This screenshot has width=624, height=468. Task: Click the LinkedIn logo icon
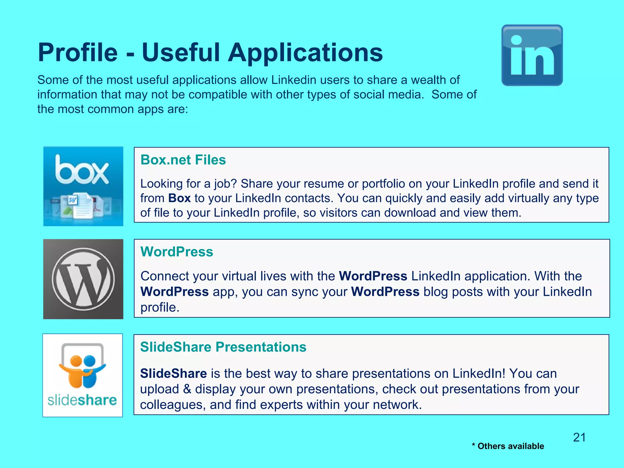tap(532, 55)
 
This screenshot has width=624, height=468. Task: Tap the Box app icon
tap(83, 186)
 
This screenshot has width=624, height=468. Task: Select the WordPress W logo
tap(83, 279)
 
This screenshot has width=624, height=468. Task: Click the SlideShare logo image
tap(83, 375)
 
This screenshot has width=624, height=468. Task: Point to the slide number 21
tap(579, 437)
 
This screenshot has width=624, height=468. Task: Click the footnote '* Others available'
tap(508, 446)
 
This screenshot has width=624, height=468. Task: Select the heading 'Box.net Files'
tap(183, 160)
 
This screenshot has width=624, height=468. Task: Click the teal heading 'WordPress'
tap(177, 252)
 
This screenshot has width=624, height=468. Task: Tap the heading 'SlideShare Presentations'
tap(223, 347)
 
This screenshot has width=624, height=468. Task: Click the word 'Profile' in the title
tap(78, 52)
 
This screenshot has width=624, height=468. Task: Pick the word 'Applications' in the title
tap(305, 52)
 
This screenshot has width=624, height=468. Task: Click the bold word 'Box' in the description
tap(179, 198)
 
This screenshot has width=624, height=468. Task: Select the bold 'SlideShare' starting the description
tap(173, 373)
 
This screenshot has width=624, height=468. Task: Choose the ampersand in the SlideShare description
tap(187, 389)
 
